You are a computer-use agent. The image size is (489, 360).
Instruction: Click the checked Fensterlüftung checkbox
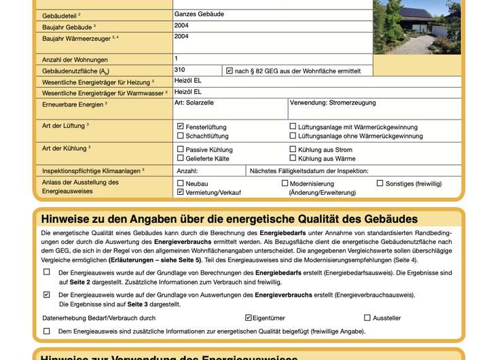click(x=180, y=126)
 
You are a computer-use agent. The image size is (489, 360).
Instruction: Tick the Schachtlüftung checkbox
click(x=180, y=136)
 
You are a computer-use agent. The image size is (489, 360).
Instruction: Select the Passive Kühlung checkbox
click(x=180, y=149)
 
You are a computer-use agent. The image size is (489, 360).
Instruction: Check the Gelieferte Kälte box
click(x=180, y=158)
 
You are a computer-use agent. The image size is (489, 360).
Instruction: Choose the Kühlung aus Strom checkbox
click(x=293, y=149)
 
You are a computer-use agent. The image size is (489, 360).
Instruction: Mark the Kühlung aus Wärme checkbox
click(x=293, y=158)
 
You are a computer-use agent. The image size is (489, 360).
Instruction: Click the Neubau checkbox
click(x=180, y=183)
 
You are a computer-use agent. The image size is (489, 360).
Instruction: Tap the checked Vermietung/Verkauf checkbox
click(x=180, y=192)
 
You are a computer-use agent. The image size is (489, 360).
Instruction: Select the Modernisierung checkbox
click(x=285, y=183)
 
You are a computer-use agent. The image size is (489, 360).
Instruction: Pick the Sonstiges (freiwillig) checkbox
click(x=380, y=183)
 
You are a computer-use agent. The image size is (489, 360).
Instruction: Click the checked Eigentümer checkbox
click(x=248, y=317)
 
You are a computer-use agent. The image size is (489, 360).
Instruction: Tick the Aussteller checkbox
click(x=367, y=317)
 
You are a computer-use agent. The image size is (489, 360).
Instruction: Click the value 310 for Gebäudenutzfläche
click(x=179, y=69)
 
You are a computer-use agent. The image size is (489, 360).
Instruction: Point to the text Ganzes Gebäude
click(x=199, y=14)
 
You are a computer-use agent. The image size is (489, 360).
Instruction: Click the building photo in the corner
click(x=416, y=27)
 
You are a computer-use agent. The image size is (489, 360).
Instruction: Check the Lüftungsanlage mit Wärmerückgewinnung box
click(x=293, y=126)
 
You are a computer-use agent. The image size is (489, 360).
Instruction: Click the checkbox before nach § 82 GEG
click(x=230, y=70)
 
